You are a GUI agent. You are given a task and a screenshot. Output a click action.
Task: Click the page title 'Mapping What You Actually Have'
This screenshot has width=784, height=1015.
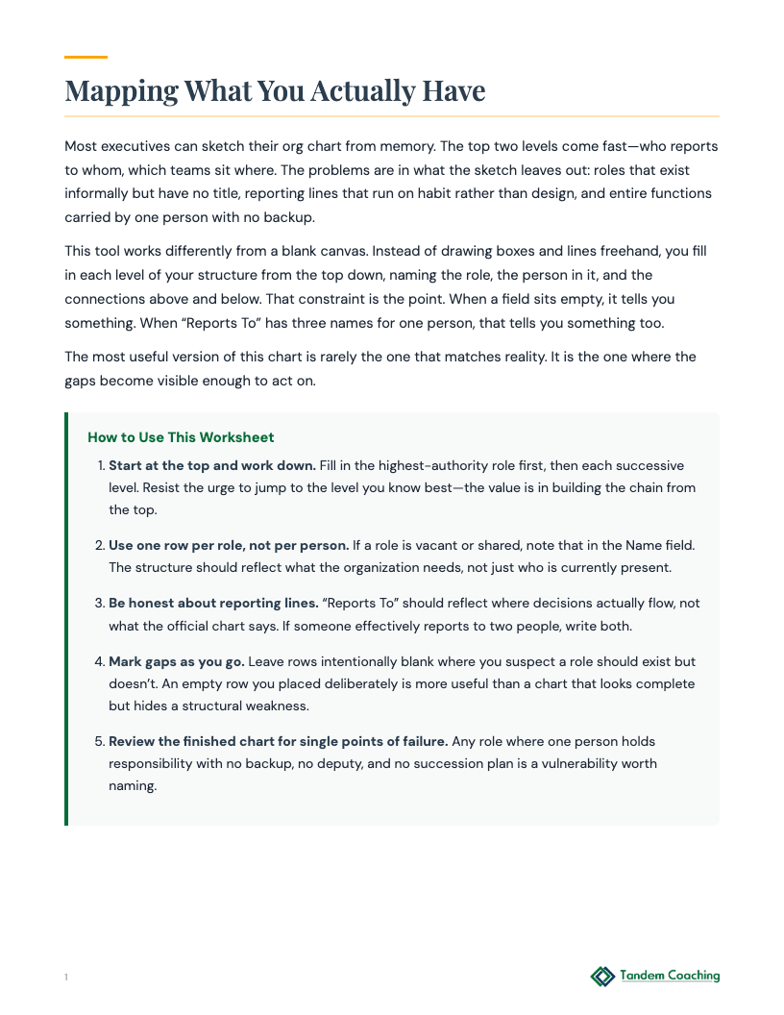point(275,91)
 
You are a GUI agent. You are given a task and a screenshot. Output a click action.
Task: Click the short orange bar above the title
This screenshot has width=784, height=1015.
point(86,58)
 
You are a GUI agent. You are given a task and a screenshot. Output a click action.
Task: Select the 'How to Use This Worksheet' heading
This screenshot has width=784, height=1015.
point(181,437)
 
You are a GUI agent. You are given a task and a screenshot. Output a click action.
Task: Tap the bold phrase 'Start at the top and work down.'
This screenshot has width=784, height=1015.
point(211,465)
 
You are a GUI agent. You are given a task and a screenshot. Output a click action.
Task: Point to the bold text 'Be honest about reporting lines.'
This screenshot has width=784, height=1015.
point(213,603)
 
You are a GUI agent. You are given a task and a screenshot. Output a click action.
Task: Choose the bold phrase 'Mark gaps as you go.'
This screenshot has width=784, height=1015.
point(176,662)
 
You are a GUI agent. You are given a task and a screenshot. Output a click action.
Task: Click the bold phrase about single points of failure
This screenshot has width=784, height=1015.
point(279,741)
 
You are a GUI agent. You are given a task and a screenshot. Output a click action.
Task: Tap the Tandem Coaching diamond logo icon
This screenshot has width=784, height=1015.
point(602,977)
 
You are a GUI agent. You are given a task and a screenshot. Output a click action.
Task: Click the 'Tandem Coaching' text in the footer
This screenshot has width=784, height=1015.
point(670,976)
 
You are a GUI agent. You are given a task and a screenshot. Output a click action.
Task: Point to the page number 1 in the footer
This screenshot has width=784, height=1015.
point(66,978)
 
